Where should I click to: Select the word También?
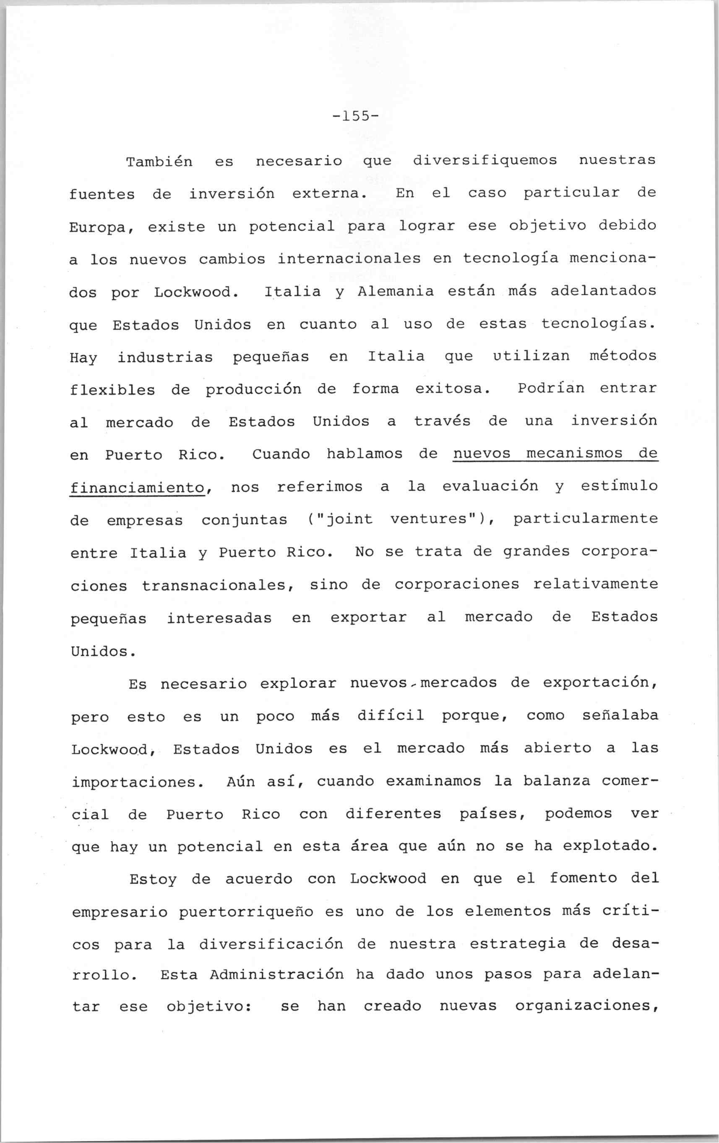point(159,162)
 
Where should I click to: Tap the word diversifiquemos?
point(485,160)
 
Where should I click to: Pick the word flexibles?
point(112,390)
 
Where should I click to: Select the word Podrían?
point(550,388)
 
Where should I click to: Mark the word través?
point(442,422)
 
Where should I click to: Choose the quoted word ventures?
point(432,519)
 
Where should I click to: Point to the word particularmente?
point(586,519)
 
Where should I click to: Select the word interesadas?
point(219,618)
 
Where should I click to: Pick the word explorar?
point(298,684)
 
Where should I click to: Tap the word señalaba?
point(620,716)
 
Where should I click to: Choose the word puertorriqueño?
point(245,912)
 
